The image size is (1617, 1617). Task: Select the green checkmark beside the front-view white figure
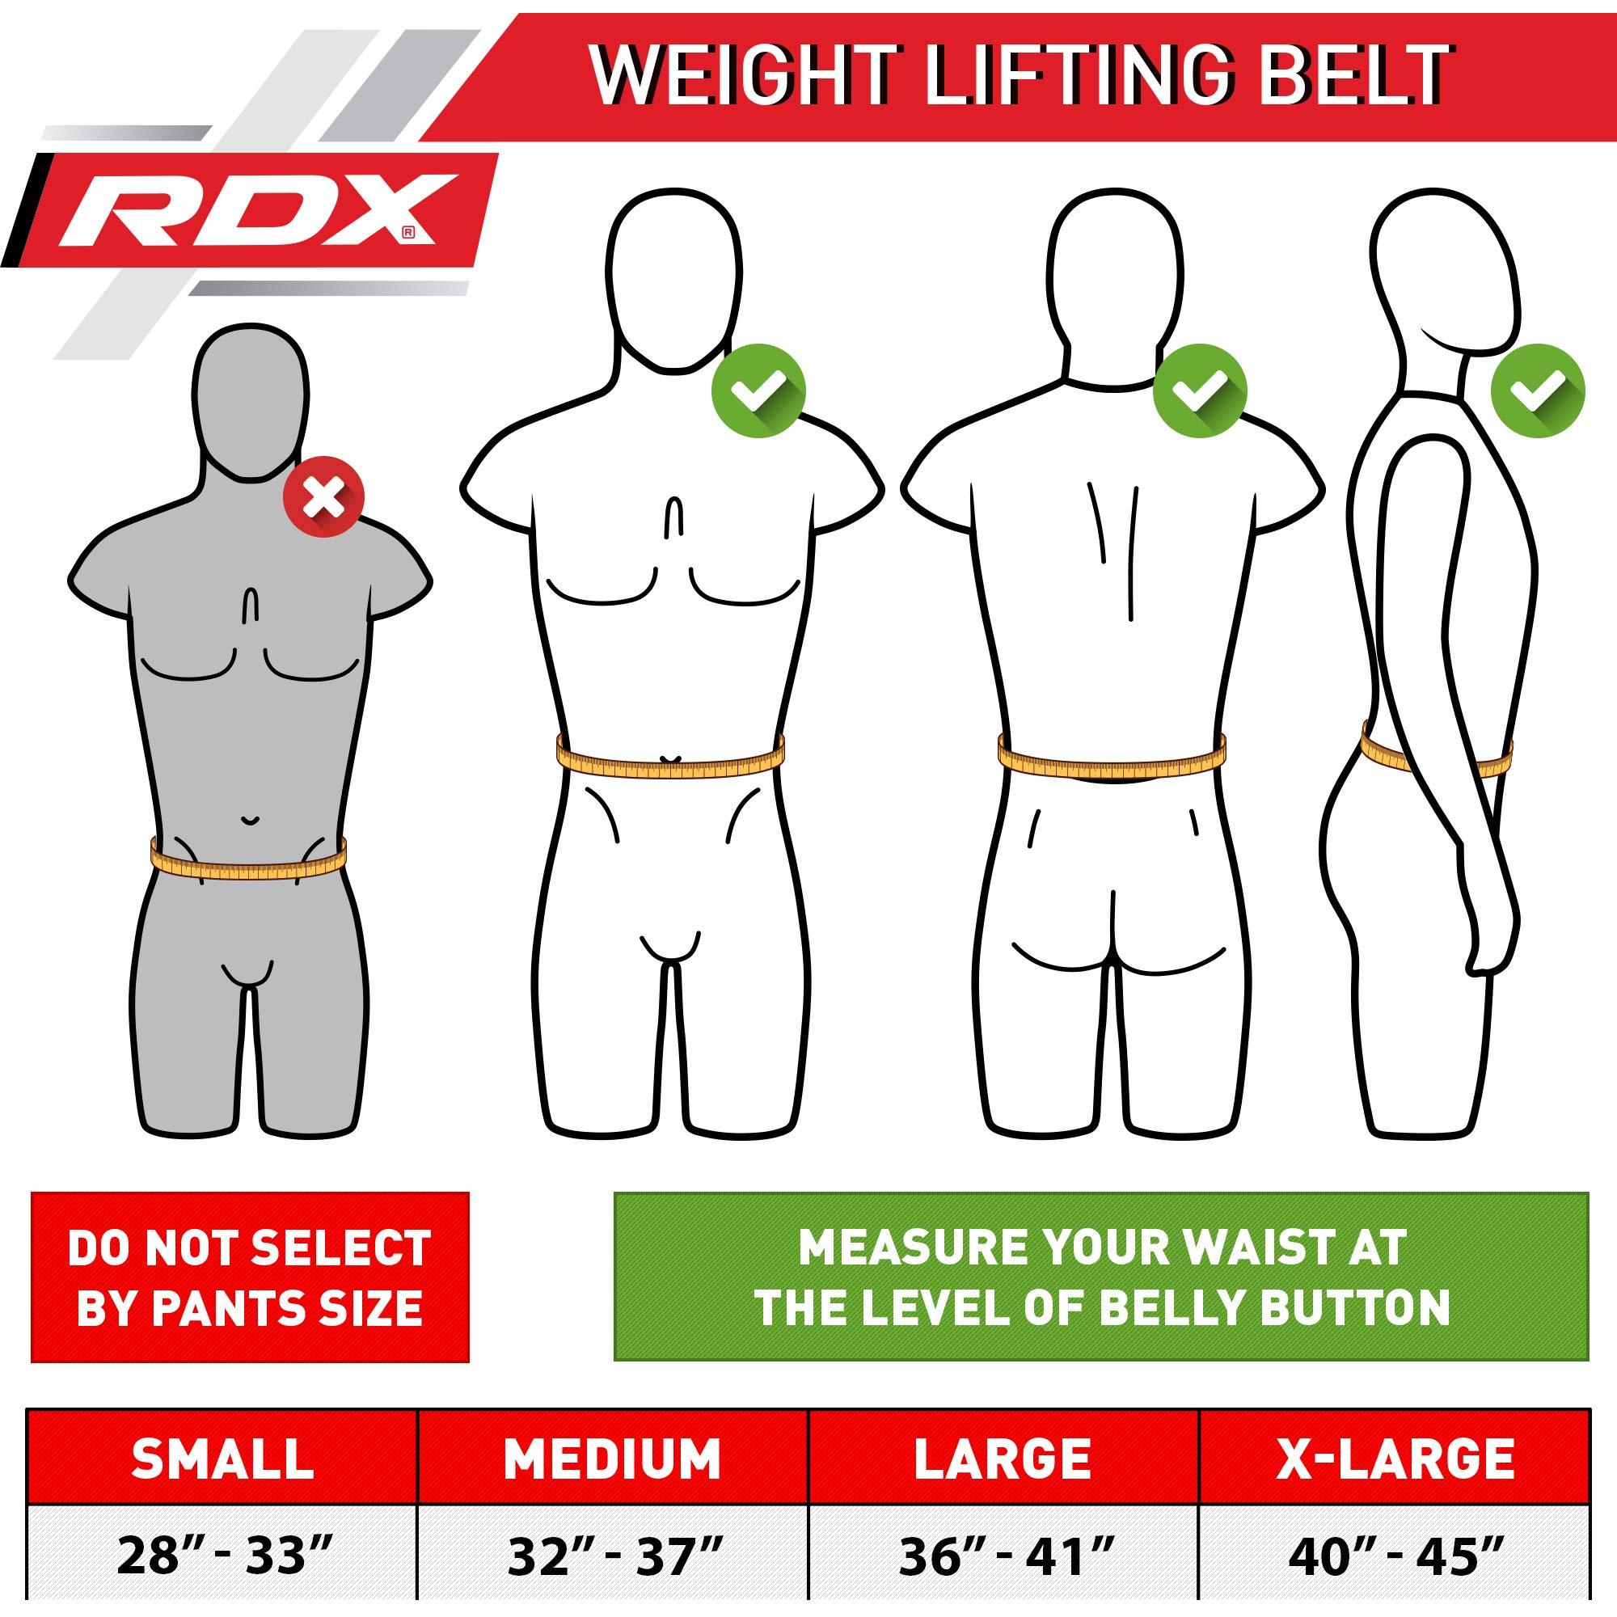click(x=758, y=390)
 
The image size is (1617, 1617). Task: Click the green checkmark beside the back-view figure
click(x=1199, y=390)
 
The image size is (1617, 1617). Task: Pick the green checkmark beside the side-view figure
click(x=1539, y=390)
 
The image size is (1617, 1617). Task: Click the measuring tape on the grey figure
click(x=248, y=858)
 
